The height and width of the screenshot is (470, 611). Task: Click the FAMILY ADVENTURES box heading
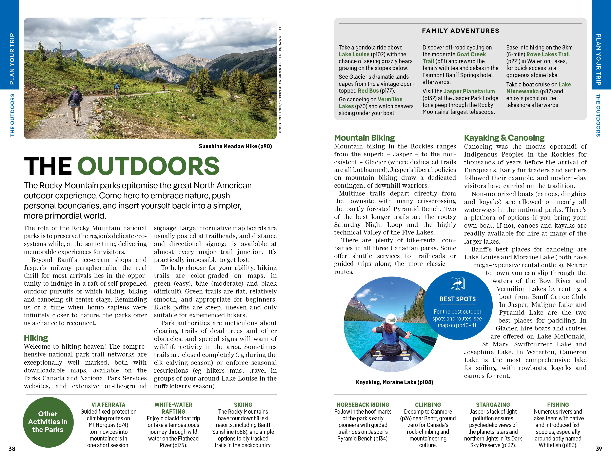pyautogui.click(x=460, y=31)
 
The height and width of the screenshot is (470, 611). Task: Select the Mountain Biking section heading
pyautogui.click(x=364, y=138)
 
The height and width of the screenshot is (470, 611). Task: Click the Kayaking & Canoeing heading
pyautogui.click(x=504, y=138)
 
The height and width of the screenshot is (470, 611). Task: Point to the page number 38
pyautogui.click(x=12, y=448)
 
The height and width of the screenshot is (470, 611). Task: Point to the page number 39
pyautogui.click(x=599, y=448)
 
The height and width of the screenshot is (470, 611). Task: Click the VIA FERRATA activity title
pyautogui.click(x=108, y=405)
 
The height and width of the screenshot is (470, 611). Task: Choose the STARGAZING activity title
pyautogui.click(x=493, y=405)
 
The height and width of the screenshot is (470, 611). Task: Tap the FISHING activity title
pyautogui.click(x=558, y=405)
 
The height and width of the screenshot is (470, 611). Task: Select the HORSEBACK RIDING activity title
pyautogui.click(x=363, y=405)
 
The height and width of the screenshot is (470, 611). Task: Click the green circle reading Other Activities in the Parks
pyautogui.click(x=48, y=422)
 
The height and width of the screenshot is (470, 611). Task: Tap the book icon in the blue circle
pyautogui.click(x=457, y=284)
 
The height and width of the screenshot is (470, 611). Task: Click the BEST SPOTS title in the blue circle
pyautogui.click(x=457, y=299)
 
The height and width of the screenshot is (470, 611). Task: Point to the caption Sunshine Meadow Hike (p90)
pyautogui.click(x=235, y=146)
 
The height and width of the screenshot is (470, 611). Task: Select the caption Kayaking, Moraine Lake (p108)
pyautogui.click(x=394, y=382)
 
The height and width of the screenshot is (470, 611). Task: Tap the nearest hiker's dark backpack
pyautogui.click(x=76, y=97)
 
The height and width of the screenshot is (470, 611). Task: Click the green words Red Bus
pyautogui.click(x=368, y=91)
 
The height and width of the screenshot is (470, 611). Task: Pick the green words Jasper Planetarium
pyautogui.click(x=469, y=91)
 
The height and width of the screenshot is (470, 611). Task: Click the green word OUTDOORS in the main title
pyautogui.click(x=148, y=166)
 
